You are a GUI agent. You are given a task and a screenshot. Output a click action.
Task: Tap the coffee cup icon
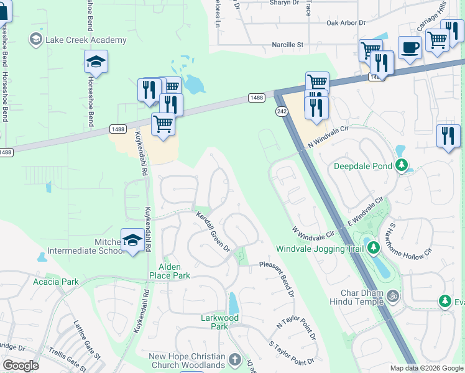[410, 48]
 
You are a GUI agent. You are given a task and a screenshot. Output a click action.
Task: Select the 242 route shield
[282, 110]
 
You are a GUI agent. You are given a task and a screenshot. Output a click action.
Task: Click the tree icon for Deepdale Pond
[402, 165]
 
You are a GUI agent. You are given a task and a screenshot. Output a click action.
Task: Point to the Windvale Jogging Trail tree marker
[373, 248]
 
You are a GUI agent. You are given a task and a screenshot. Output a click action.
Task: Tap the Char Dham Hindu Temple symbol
[392, 294]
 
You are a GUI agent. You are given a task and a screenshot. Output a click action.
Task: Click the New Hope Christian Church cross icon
[234, 359]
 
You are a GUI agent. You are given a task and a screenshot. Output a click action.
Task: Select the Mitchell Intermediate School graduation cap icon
[132, 241]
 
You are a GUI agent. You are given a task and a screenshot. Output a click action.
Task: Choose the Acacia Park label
[56, 282]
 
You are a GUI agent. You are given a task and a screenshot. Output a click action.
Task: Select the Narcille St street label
[287, 45]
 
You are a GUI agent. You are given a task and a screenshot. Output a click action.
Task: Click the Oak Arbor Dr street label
[345, 23]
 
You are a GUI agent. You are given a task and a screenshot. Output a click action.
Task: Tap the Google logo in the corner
[21, 365]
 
